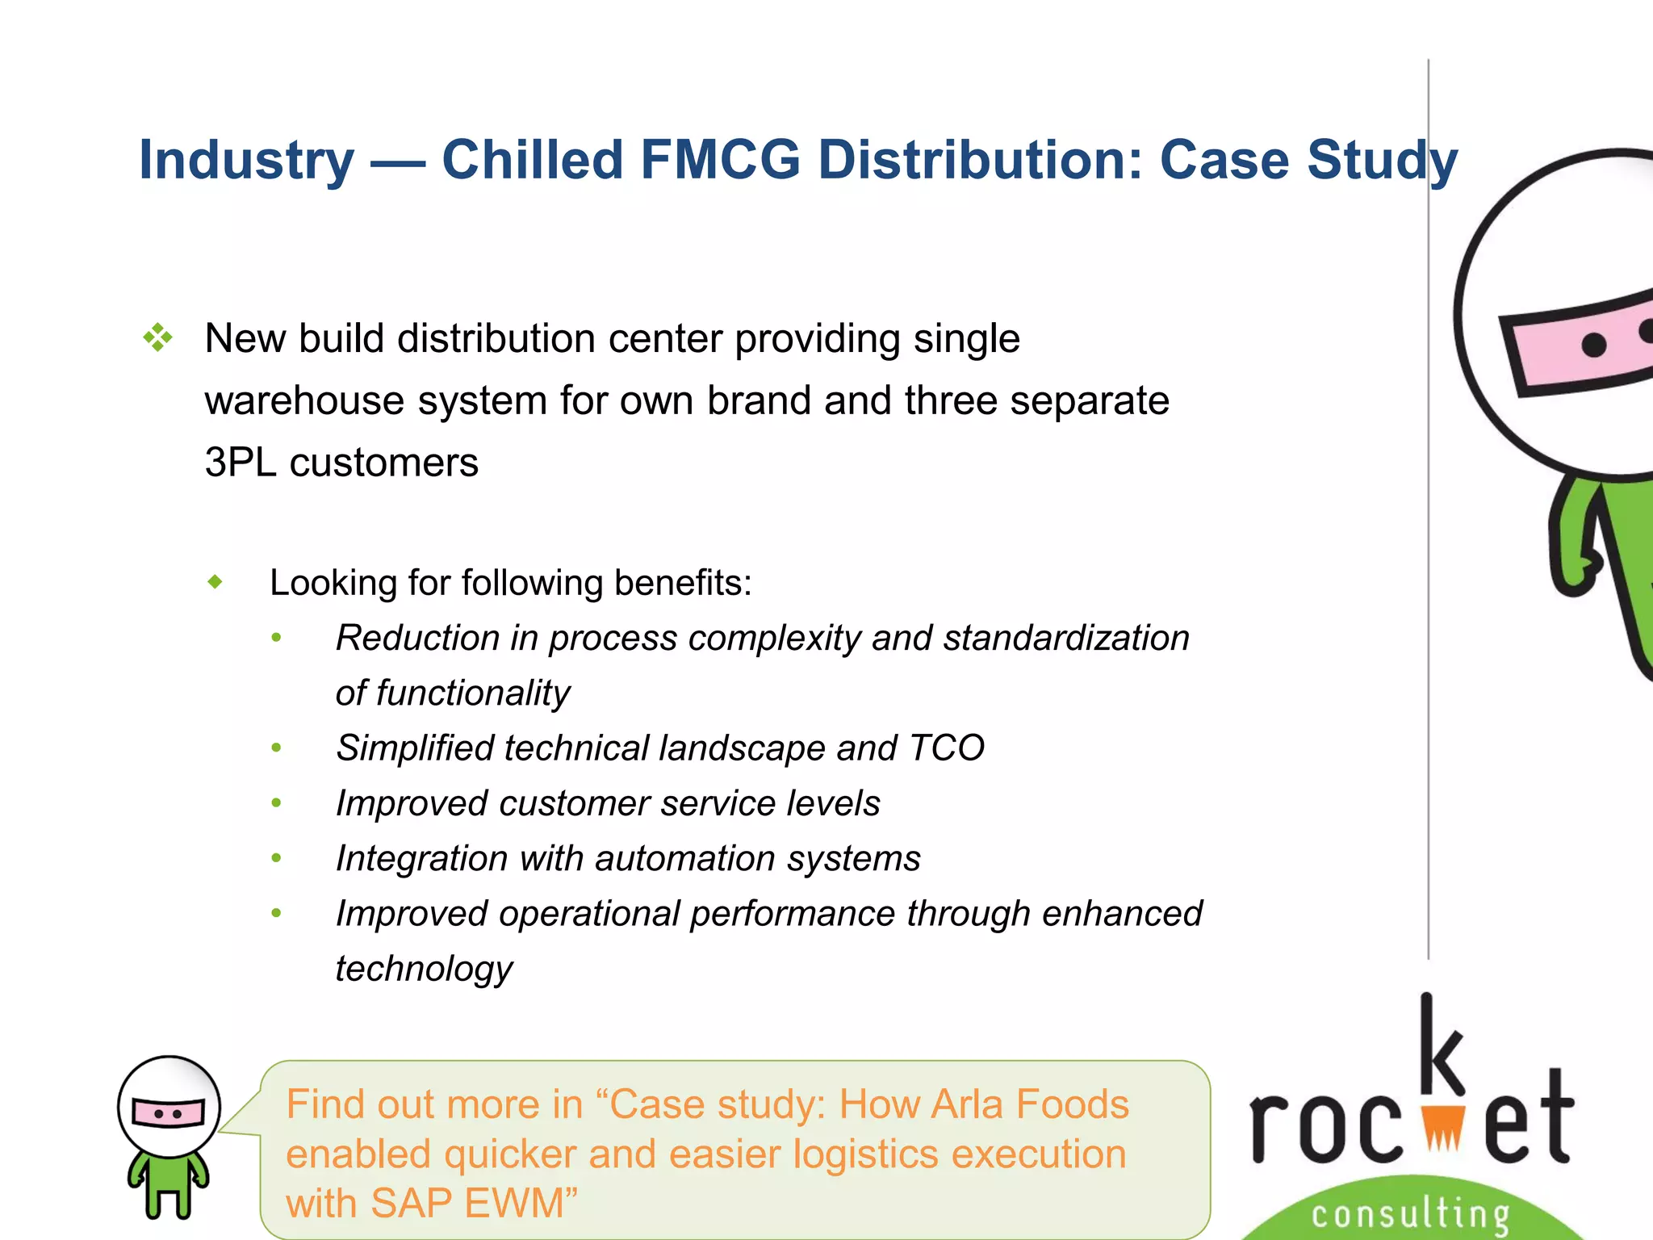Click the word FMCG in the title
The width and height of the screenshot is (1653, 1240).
pos(720,160)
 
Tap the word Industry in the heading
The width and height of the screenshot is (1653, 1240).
pos(246,160)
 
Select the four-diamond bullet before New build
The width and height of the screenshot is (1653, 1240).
pos(158,337)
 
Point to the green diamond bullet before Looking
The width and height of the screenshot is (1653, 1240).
pos(215,581)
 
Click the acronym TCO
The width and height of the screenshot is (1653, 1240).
pos(946,748)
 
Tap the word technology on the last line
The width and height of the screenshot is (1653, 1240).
pos(424,969)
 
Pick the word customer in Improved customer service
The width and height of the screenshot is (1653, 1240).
pos(574,803)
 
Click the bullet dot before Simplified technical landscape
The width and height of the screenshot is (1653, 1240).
pos(277,748)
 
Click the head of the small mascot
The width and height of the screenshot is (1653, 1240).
pos(169,1106)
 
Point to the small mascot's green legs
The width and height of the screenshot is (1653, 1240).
pos(168,1195)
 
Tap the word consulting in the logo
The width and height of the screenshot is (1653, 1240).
pos(1411,1213)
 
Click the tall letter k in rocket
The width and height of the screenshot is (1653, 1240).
pos(1441,1045)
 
